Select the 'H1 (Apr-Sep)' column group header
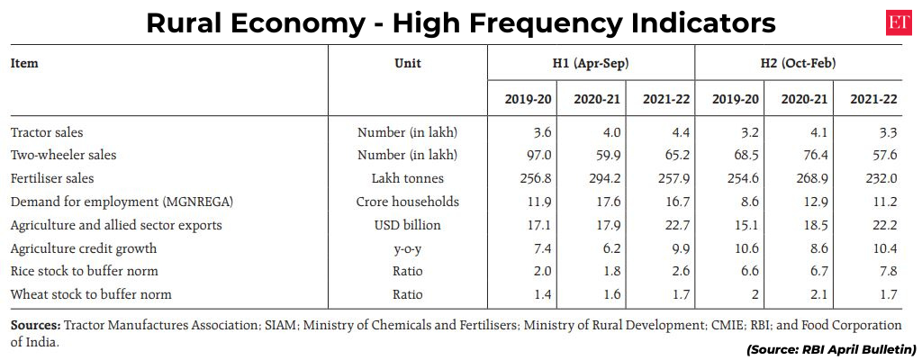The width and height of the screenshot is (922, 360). [591, 64]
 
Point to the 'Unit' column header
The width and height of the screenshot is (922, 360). [407, 64]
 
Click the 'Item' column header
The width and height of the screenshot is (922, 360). [24, 64]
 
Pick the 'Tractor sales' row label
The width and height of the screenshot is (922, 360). [46, 131]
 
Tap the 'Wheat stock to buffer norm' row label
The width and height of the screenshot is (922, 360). [91, 294]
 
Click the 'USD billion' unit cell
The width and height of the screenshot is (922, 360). [407, 224]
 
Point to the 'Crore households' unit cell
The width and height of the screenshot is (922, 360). [407, 201]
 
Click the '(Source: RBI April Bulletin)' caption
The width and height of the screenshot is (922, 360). [830, 349]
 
